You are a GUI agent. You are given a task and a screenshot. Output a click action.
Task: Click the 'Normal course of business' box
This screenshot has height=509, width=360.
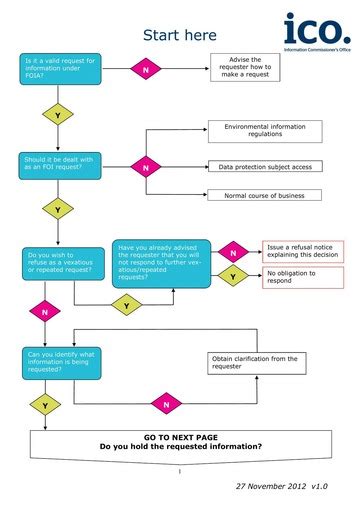(x=265, y=196)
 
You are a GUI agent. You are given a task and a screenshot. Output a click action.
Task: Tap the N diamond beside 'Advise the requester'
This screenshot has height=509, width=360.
(x=145, y=71)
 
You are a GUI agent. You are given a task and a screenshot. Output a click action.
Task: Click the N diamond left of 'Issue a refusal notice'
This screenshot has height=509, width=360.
(x=233, y=251)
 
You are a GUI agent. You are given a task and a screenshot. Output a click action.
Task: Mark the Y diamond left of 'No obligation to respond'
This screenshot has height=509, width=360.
(x=233, y=275)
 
